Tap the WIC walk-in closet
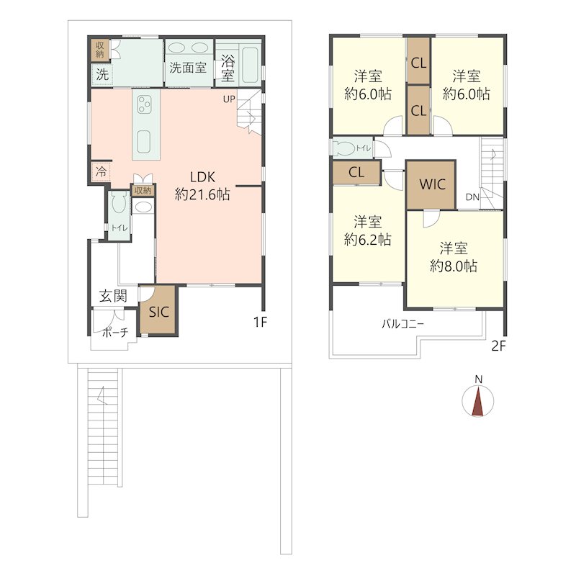click(431, 185)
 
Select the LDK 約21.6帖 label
click(202, 186)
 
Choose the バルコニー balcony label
click(402, 325)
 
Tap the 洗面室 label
click(188, 68)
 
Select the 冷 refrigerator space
click(101, 171)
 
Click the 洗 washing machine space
click(102, 75)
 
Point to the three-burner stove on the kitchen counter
click(143, 104)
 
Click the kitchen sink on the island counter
click(144, 141)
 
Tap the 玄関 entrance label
click(114, 296)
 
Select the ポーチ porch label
click(115, 333)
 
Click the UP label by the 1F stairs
click(229, 99)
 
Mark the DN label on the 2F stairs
click(473, 197)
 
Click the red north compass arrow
click(478, 402)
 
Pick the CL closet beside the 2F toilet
click(356, 172)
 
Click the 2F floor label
click(498, 346)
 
